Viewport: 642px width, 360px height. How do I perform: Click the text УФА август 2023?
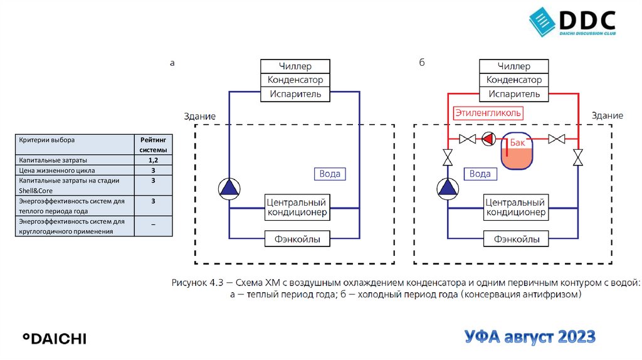(x=530, y=337)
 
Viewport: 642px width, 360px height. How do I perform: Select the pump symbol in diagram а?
(x=229, y=188)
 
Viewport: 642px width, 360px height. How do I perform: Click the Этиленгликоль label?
(x=488, y=114)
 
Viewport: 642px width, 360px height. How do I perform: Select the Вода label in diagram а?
(x=330, y=174)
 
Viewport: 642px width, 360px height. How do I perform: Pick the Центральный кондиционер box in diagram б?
(x=515, y=207)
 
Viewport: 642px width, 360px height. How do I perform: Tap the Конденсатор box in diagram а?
(x=295, y=80)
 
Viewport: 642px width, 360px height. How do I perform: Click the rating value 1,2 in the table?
(x=153, y=161)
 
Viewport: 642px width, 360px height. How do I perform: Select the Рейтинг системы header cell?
(x=153, y=145)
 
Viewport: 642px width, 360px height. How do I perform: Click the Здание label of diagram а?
(x=199, y=116)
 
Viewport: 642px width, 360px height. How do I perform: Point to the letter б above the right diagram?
(x=422, y=63)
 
